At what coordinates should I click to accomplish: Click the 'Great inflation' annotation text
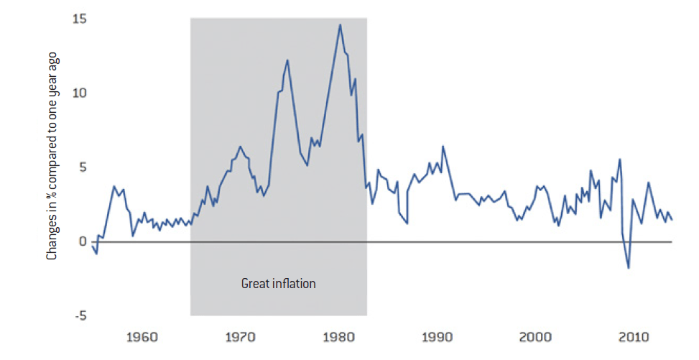click(x=278, y=283)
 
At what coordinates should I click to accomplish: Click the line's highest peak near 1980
click(x=340, y=24)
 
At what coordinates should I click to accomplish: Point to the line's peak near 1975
click(x=287, y=60)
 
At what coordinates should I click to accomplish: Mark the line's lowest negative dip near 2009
click(x=629, y=268)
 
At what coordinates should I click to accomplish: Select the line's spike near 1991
click(x=443, y=146)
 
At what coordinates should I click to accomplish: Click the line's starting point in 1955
click(x=92, y=245)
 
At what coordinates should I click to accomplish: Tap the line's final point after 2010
click(x=672, y=220)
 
